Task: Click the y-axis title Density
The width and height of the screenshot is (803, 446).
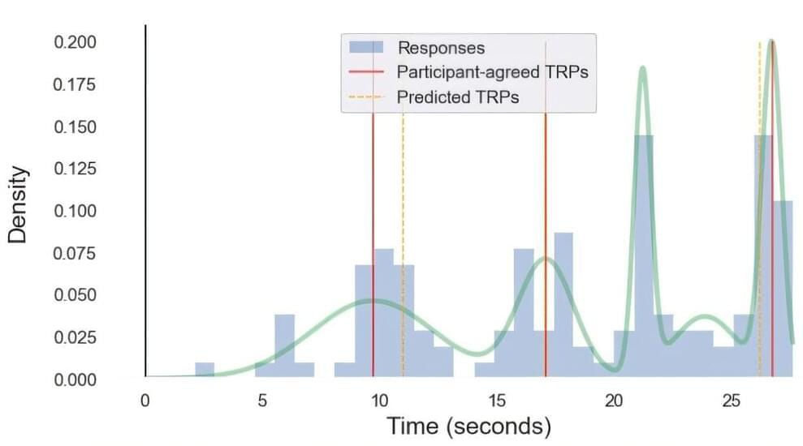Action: tap(19, 204)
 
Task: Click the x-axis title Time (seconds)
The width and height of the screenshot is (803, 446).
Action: tap(468, 425)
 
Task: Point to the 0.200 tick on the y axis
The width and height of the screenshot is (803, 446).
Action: tap(76, 42)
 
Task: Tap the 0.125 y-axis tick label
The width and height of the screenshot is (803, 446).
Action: tap(76, 169)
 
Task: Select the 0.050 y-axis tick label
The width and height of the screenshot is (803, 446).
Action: tap(76, 295)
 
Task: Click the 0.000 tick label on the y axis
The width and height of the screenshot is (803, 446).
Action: tap(76, 380)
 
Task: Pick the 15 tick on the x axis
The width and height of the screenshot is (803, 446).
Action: tap(496, 401)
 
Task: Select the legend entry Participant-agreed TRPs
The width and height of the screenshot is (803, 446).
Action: tap(492, 72)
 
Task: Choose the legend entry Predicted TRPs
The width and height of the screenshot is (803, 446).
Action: tap(458, 97)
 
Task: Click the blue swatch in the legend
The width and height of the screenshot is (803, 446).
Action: tap(366, 48)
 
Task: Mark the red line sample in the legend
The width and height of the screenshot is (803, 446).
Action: tap(366, 72)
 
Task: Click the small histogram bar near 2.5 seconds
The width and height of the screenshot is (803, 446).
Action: tap(205, 370)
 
